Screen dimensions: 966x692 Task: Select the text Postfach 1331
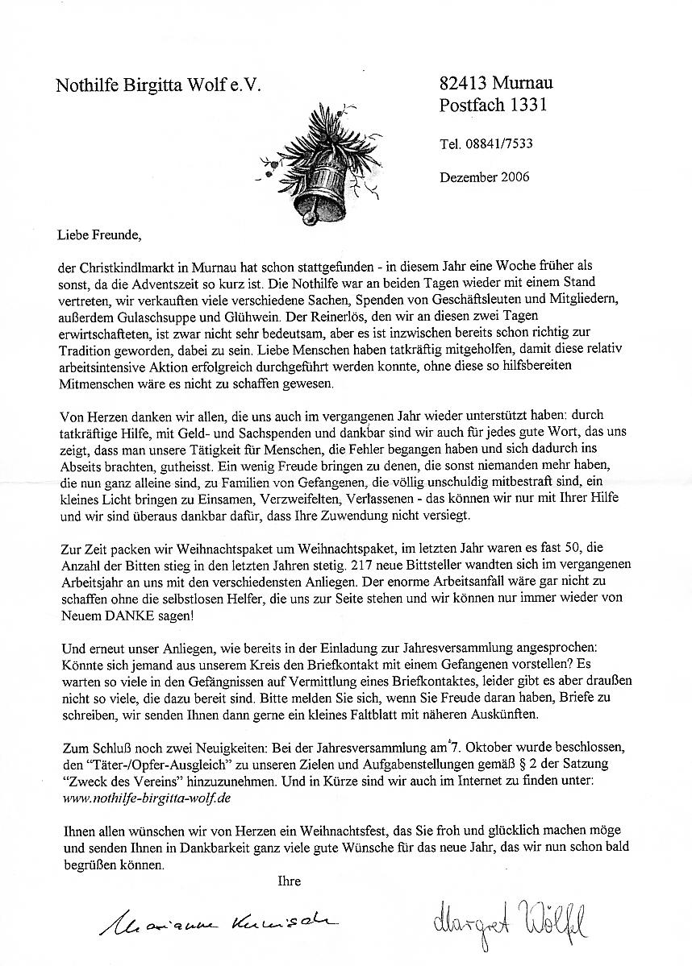coord(493,105)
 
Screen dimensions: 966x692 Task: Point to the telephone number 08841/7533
coord(498,144)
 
